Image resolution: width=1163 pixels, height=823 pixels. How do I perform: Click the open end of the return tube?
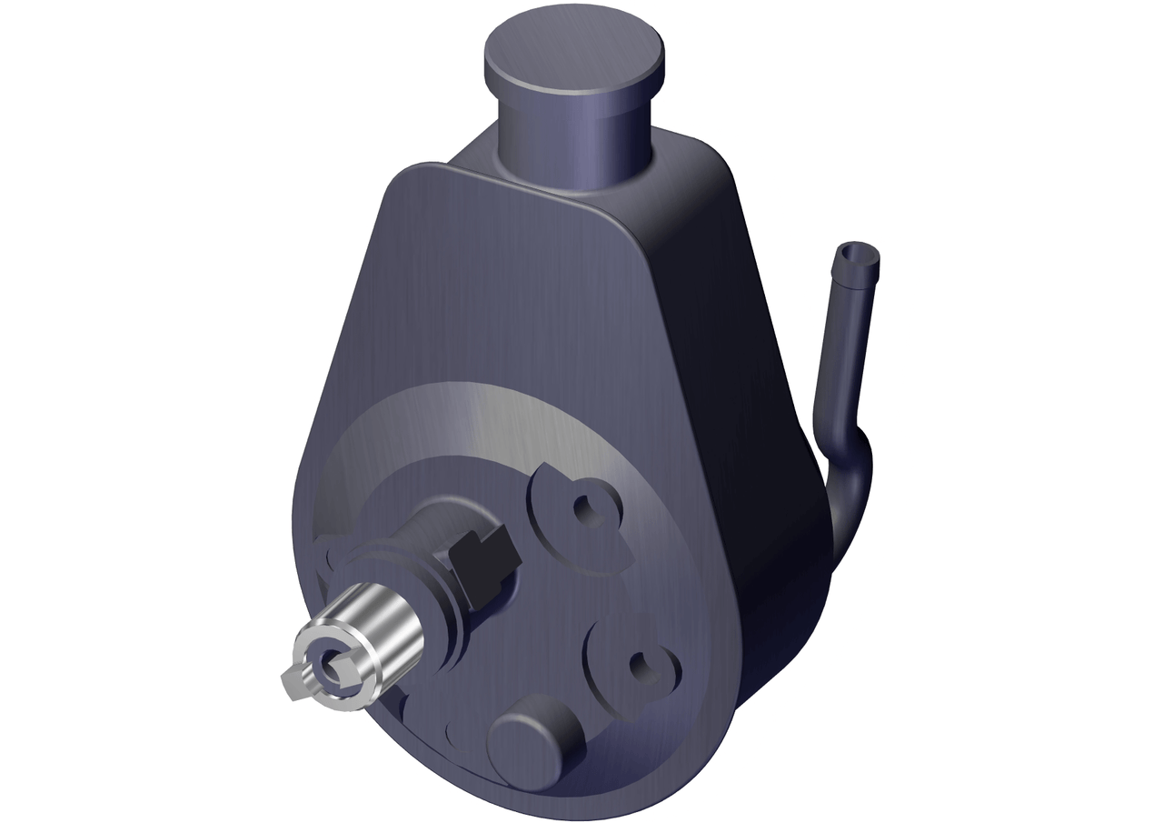(856, 253)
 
